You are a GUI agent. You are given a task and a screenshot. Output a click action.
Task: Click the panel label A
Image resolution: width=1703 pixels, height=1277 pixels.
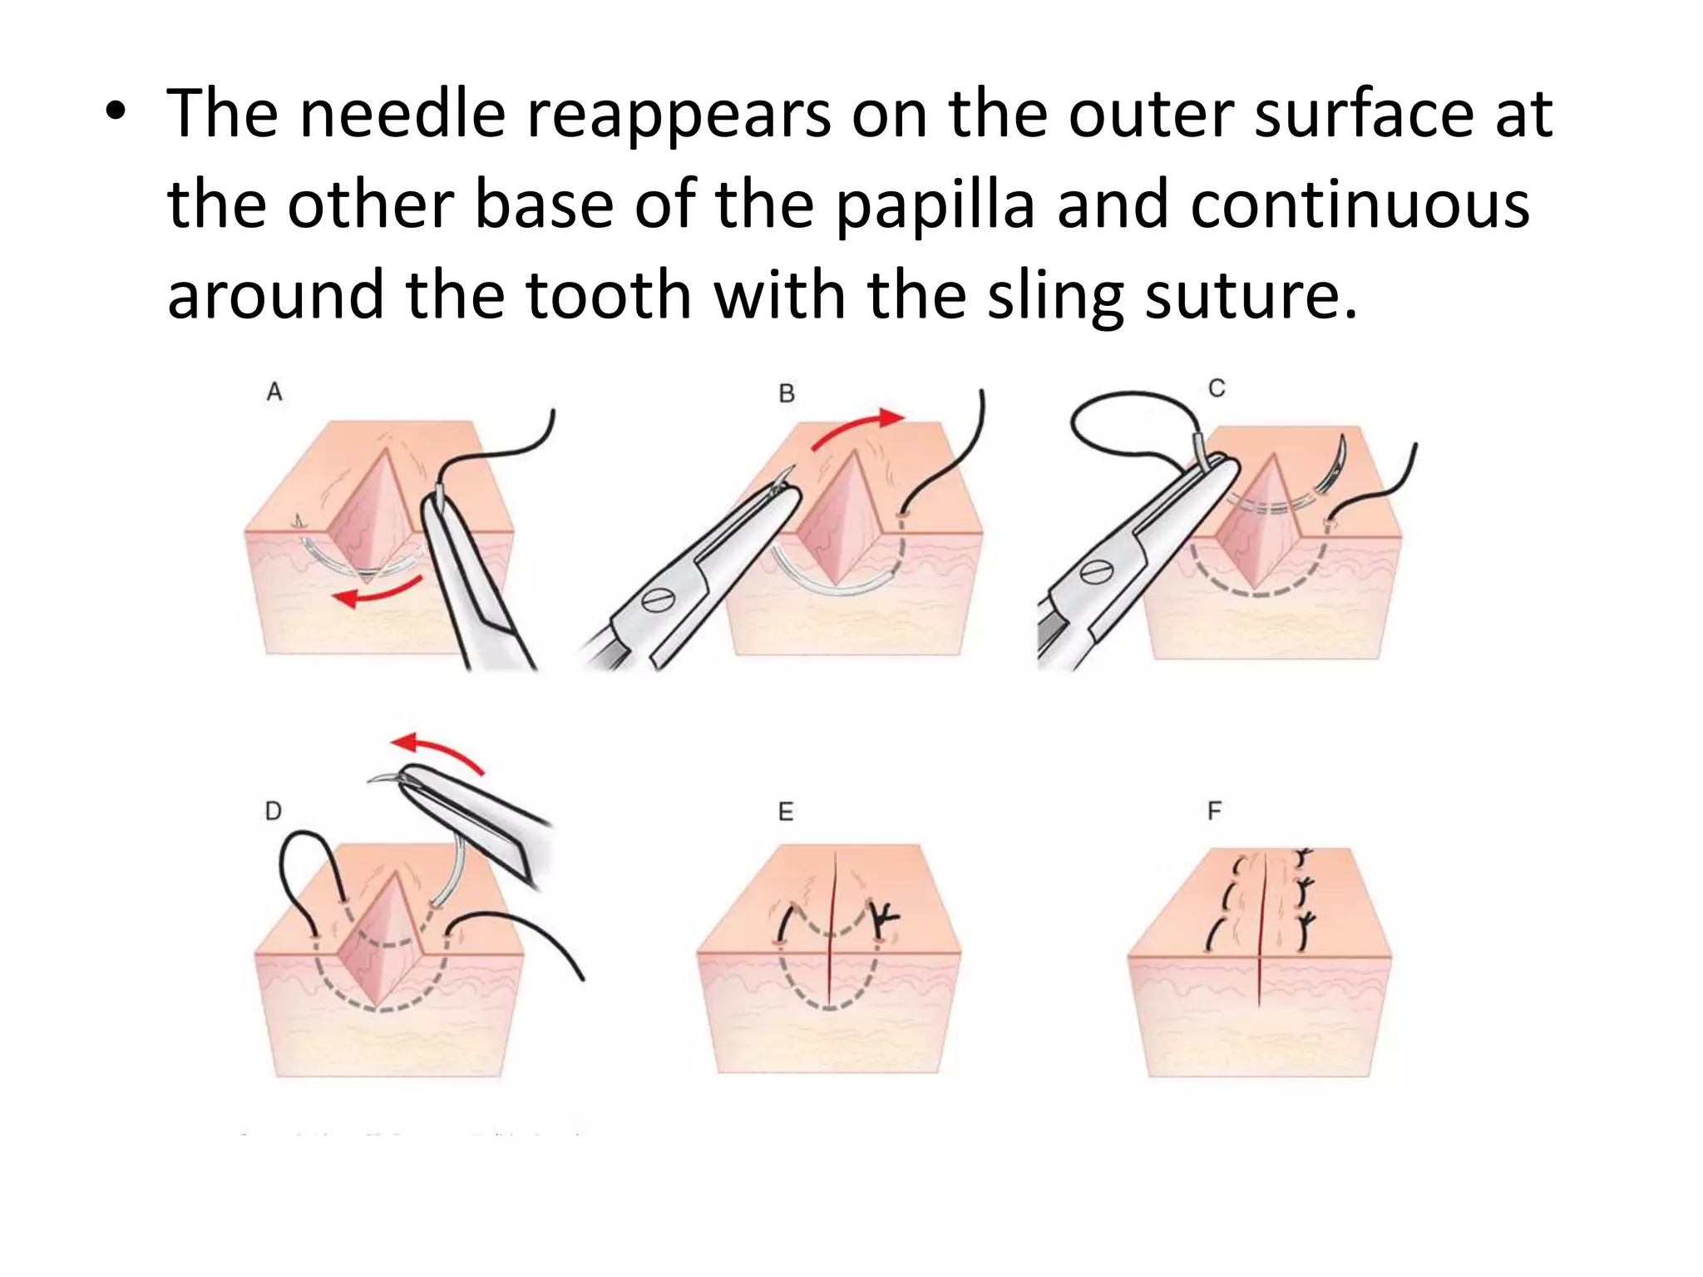click(274, 392)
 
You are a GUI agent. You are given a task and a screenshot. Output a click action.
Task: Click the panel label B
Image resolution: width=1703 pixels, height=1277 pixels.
click(787, 393)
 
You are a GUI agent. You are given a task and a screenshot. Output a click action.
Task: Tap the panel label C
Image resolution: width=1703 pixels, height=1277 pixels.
click(1217, 388)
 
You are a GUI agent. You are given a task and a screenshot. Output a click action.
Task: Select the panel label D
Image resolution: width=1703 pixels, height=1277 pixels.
click(274, 811)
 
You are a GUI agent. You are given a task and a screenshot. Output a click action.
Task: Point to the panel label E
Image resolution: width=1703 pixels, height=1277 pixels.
click(786, 811)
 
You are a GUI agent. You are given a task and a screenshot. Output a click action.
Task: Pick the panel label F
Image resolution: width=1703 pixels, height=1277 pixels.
click(1215, 811)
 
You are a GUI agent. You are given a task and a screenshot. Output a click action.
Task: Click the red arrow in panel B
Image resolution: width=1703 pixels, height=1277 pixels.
click(856, 427)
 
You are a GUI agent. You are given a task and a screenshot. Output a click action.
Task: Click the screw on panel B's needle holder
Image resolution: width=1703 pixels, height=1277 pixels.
click(656, 599)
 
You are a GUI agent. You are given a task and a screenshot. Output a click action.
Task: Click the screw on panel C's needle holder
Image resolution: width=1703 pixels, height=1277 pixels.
click(1095, 572)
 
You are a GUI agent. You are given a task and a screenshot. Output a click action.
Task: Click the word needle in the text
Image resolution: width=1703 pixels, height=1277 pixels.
click(402, 114)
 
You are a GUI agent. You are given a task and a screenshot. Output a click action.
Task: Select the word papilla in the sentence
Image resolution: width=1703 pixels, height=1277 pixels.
click(935, 205)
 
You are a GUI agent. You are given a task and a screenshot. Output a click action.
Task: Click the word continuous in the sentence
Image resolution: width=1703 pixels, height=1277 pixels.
click(1360, 205)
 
